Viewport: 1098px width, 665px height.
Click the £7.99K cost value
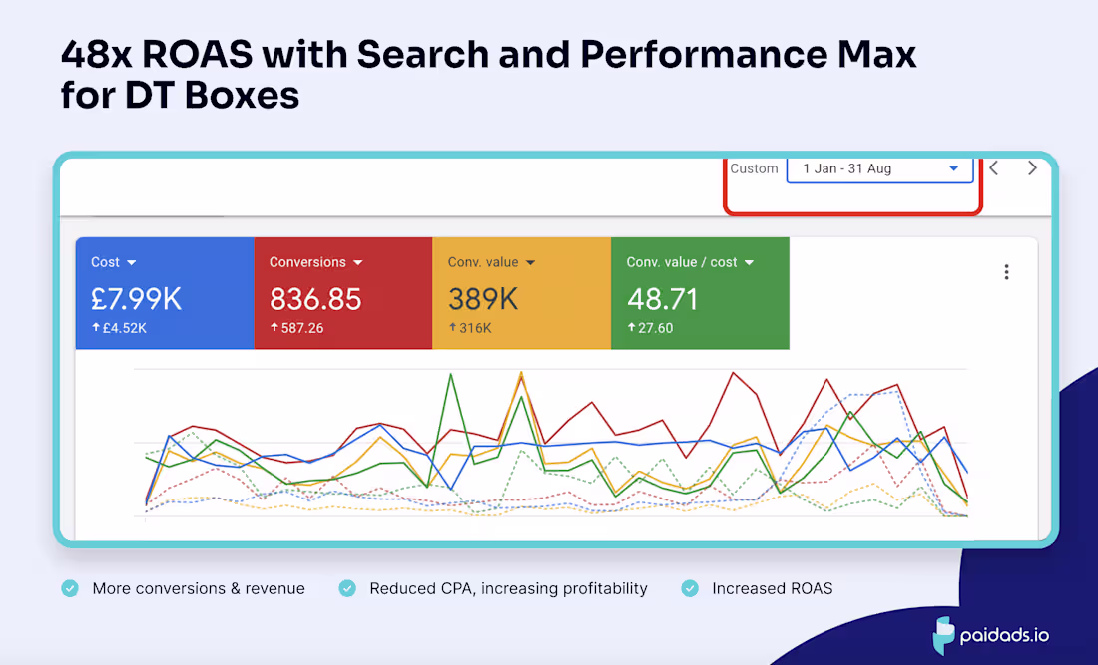pyautogui.click(x=137, y=298)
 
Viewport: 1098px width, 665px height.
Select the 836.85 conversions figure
pyautogui.click(x=315, y=298)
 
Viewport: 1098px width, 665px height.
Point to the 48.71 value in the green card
pyautogui.click(x=662, y=298)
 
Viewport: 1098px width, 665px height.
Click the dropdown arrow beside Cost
pyautogui.click(x=132, y=263)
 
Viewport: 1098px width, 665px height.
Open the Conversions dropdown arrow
pyautogui.click(x=357, y=263)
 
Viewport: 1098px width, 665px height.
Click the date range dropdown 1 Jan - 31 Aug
pyautogui.click(x=879, y=169)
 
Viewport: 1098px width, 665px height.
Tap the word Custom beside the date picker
pyautogui.click(x=754, y=169)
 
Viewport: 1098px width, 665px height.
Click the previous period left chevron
pyautogui.click(x=994, y=168)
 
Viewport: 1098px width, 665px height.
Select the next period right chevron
pyautogui.click(x=1032, y=168)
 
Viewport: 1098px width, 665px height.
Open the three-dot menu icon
pyautogui.click(x=1006, y=272)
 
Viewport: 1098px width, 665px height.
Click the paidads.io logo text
pyautogui.click(x=1006, y=635)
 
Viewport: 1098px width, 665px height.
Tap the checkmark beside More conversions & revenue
pyautogui.click(x=70, y=588)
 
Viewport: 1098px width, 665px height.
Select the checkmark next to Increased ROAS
pyautogui.click(x=690, y=588)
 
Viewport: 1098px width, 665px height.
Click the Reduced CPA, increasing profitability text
pyautogui.click(x=508, y=588)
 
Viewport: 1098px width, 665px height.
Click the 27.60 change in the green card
pyautogui.click(x=655, y=328)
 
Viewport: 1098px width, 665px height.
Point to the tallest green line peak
pyautogui.click(x=452, y=374)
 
